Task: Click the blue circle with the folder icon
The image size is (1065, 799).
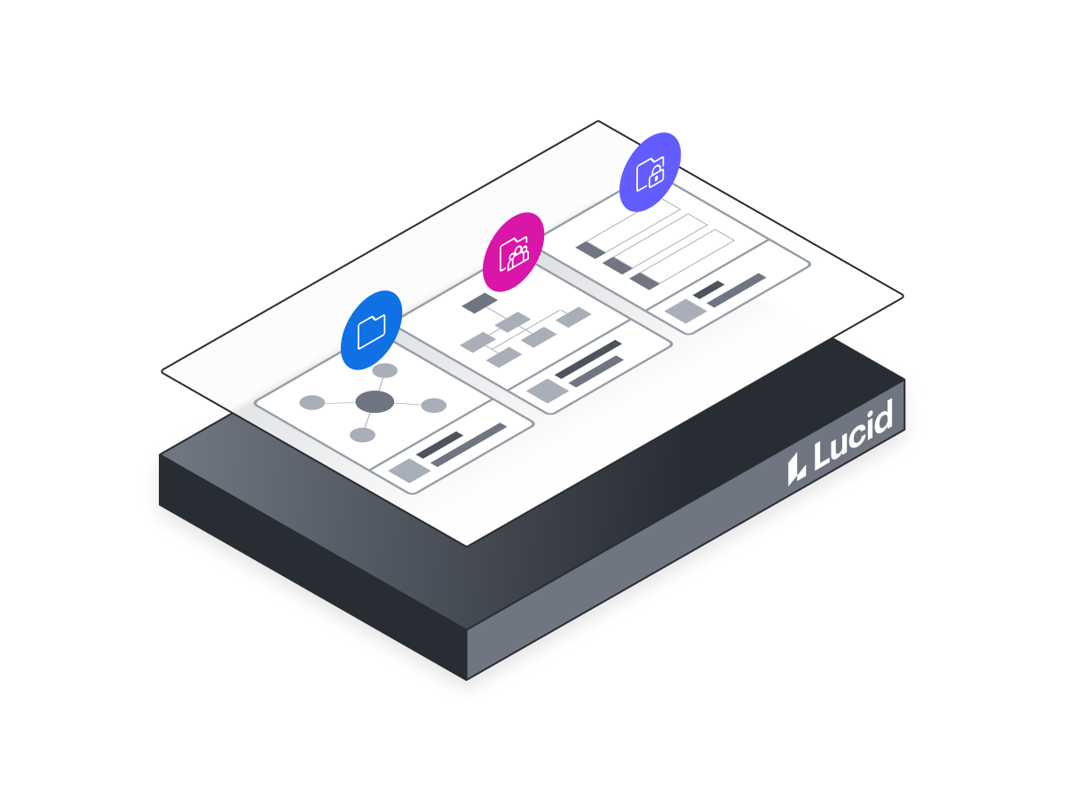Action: pyautogui.click(x=371, y=330)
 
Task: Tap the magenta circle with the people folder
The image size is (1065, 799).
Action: pyautogui.click(x=513, y=252)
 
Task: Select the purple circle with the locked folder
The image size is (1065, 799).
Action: pyautogui.click(x=651, y=172)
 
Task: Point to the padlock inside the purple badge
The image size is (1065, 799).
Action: pyautogui.click(x=656, y=176)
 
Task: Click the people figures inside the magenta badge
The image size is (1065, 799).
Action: pyautogui.click(x=518, y=257)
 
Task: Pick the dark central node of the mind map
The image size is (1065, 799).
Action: pyautogui.click(x=375, y=401)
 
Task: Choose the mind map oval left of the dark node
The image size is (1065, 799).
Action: pyautogui.click(x=312, y=403)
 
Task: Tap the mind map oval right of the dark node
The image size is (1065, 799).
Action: pyautogui.click(x=434, y=406)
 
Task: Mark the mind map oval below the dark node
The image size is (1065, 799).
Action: pyautogui.click(x=362, y=435)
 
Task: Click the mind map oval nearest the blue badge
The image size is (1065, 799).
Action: pyautogui.click(x=385, y=370)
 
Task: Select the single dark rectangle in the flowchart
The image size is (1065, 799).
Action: pyautogui.click(x=479, y=303)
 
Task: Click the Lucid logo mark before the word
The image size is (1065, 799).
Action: pyautogui.click(x=796, y=470)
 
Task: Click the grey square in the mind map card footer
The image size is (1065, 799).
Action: pyautogui.click(x=409, y=471)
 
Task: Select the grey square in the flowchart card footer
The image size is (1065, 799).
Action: pyautogui.click(x=548, y=391)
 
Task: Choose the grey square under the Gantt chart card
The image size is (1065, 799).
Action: pyautogui.click(x=685, y=312)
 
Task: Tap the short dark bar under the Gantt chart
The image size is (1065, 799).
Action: pyautogui.click(x=709, y=289)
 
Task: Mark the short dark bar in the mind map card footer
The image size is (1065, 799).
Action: pyautogui.click(x=440, y=445)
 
